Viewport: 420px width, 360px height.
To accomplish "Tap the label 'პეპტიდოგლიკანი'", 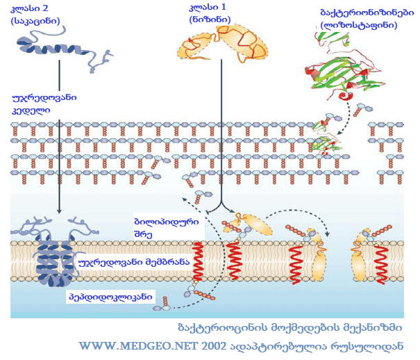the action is coord(111,296).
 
